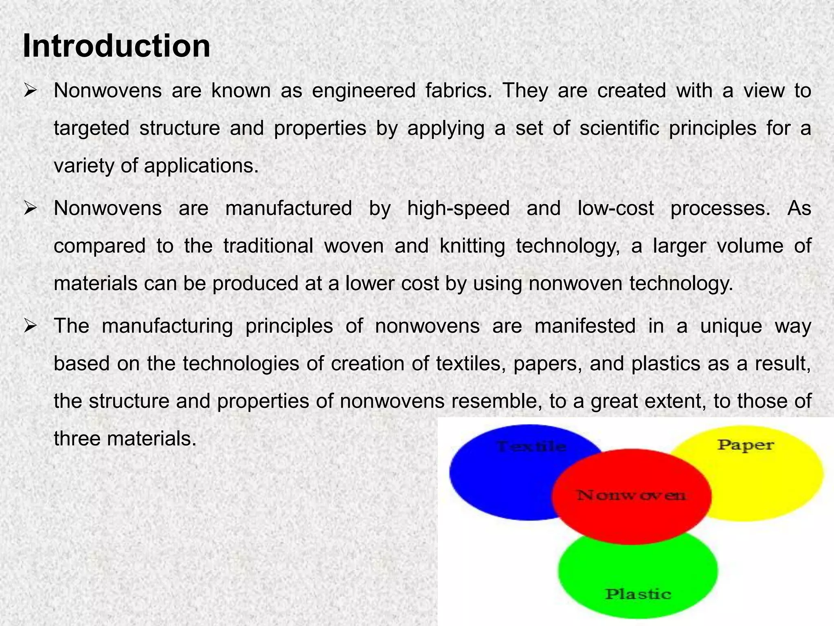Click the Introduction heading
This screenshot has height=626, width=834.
116,46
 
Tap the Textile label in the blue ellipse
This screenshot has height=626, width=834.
531,447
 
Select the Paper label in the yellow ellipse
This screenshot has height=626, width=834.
745,445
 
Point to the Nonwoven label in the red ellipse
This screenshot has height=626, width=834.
631,496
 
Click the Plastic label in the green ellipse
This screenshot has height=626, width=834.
638,594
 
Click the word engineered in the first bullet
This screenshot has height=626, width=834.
364,91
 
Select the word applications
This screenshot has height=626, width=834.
201,166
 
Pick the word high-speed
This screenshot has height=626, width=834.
459,208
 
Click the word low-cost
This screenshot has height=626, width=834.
615,208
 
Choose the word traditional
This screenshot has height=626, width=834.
268,246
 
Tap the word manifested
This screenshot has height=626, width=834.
585,326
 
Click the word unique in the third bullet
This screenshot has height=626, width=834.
731,326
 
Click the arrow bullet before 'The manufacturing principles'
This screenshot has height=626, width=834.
31,326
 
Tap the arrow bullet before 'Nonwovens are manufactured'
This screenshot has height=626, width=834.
31,209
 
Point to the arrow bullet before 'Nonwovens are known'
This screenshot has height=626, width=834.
31,91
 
